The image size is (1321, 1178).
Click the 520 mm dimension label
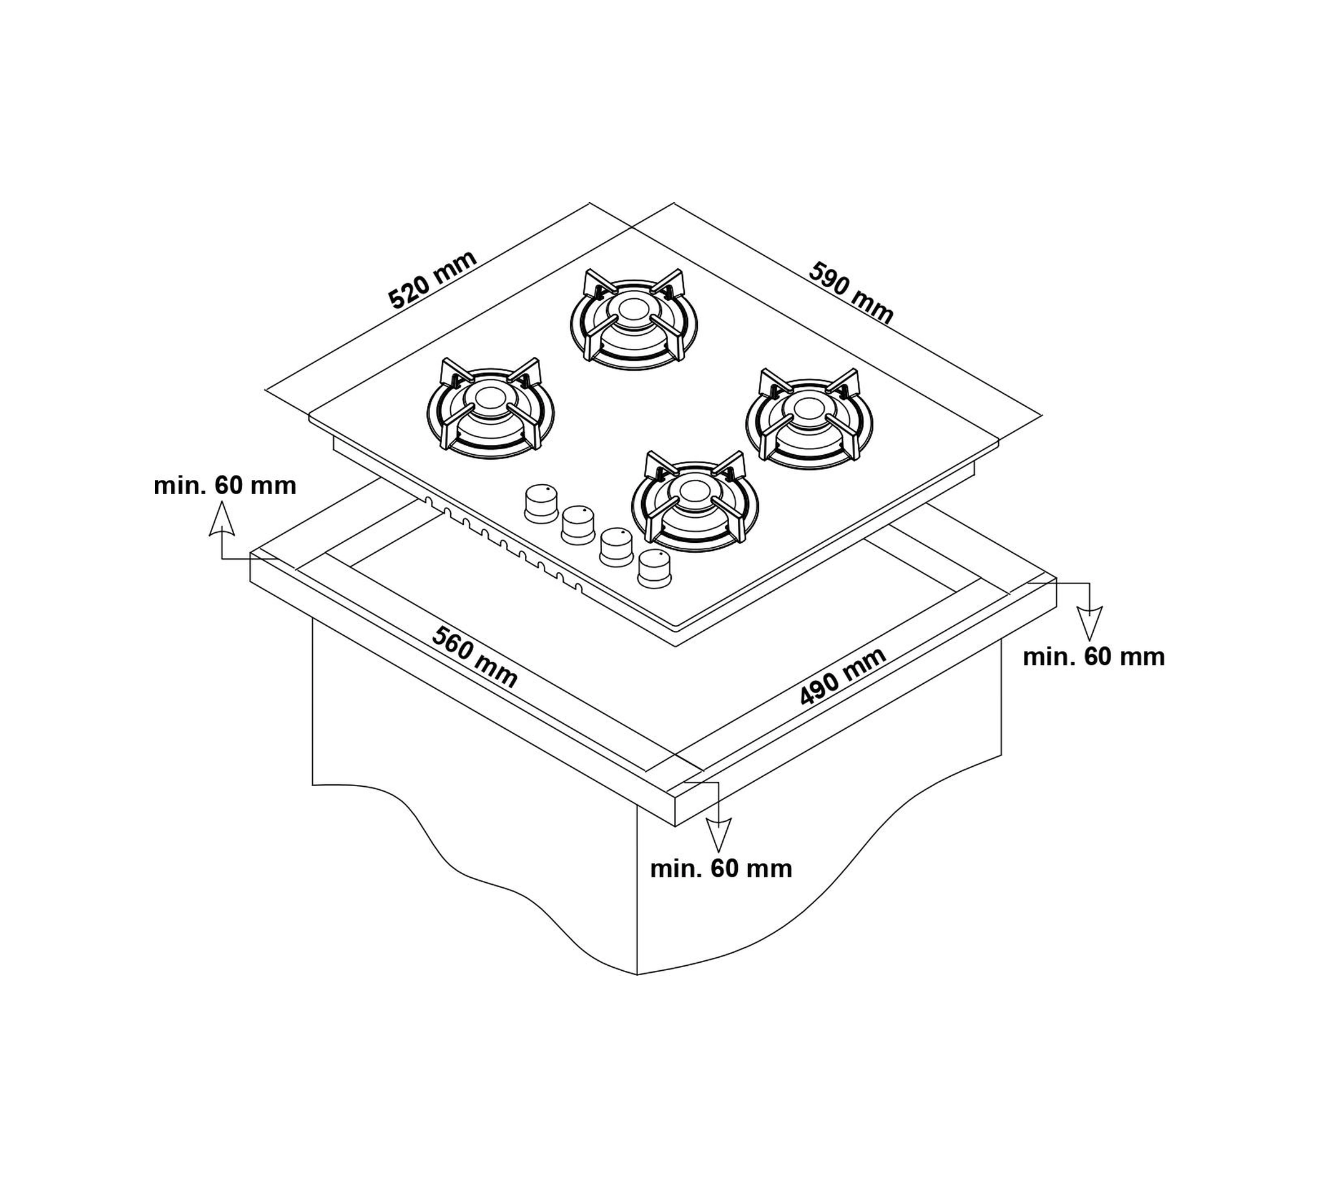pos(433,279)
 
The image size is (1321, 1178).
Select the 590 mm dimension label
pos(852,293)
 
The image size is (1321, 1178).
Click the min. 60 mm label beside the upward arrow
pos(225,485)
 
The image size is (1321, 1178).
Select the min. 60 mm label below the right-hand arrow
pos(1094,657)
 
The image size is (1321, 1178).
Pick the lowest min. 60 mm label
pos(720,869)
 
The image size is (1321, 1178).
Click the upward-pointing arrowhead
pos(221,520)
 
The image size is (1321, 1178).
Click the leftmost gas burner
pos(490,409)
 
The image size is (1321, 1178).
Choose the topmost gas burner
pos(633,319)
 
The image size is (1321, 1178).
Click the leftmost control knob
pos(541,504)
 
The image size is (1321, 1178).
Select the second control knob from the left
pos(578,525)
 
